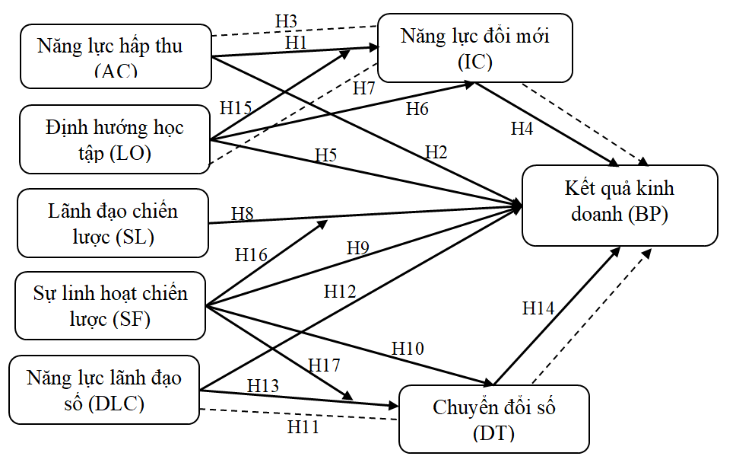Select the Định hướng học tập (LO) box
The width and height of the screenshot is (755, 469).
[114, 139]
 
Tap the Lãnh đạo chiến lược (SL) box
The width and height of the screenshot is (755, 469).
[113, 222]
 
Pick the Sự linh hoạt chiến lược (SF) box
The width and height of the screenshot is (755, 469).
[110, 305]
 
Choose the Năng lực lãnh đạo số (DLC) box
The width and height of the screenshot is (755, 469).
[103, 390]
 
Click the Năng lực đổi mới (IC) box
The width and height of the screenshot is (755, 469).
[474, 47]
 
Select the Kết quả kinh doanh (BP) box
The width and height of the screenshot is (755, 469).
[619, 205]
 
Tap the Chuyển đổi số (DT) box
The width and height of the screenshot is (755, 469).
[494, 419]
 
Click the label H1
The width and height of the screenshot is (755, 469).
[296, 43]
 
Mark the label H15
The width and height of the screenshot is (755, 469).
[236, 108]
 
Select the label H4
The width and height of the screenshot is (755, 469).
[522, 129]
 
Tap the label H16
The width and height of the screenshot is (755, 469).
[251, 254]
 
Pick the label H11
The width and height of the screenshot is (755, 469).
[303, 426]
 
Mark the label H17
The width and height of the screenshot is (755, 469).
[324, 364]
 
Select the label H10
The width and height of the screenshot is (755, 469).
[408, 348]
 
